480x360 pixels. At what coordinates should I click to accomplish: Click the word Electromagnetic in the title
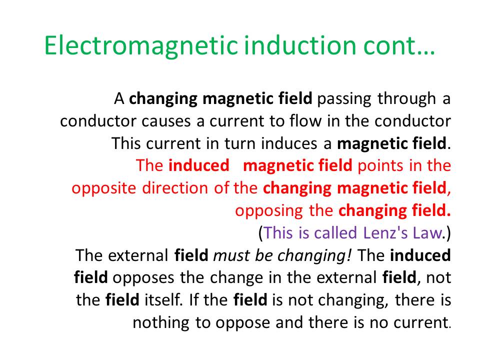pos(141,45)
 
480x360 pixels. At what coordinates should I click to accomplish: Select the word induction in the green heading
pos(300,45)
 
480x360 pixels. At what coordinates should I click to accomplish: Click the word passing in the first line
pos(344,99)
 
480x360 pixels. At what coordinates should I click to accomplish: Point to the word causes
pos(166,121)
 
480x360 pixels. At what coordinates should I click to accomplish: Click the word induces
pos(289,143)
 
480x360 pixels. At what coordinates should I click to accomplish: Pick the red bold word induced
pos(198,165)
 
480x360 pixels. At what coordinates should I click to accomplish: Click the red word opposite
pos(103,188)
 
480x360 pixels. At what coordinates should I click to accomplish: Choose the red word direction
pos(175,188)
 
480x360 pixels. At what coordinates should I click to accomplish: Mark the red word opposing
pos(269,211)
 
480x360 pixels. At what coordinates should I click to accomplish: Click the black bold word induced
pos(420,255)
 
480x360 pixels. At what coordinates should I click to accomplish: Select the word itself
pos(164,299)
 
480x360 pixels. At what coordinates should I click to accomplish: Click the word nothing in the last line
pos(161,323)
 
